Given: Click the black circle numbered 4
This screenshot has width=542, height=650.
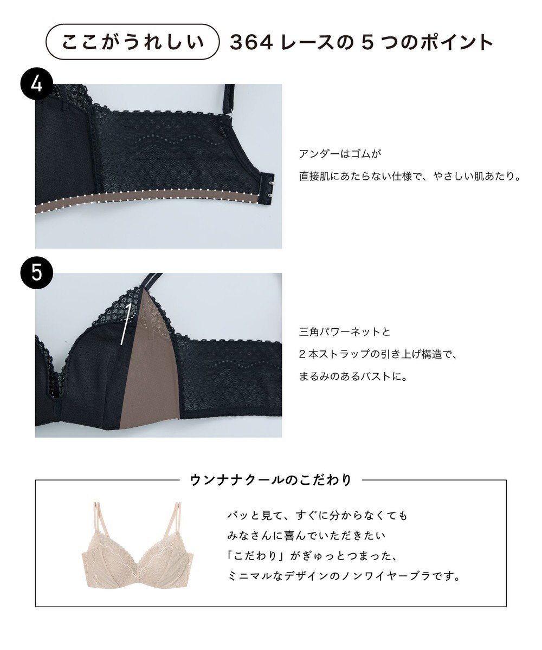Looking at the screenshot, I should [x=36, y=84].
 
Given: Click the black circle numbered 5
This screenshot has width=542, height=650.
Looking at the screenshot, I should [x=36, y=272].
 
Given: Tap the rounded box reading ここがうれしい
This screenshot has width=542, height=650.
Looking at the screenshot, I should [x=133, y=42].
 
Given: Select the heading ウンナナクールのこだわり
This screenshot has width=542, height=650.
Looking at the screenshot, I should [x=271, y=480].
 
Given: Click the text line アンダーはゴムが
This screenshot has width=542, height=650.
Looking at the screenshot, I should [x=341, y=154].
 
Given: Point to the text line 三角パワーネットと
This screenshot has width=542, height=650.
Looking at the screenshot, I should [x=345, y=331].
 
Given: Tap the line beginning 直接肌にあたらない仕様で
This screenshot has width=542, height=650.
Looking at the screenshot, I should [x=409, y=177].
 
